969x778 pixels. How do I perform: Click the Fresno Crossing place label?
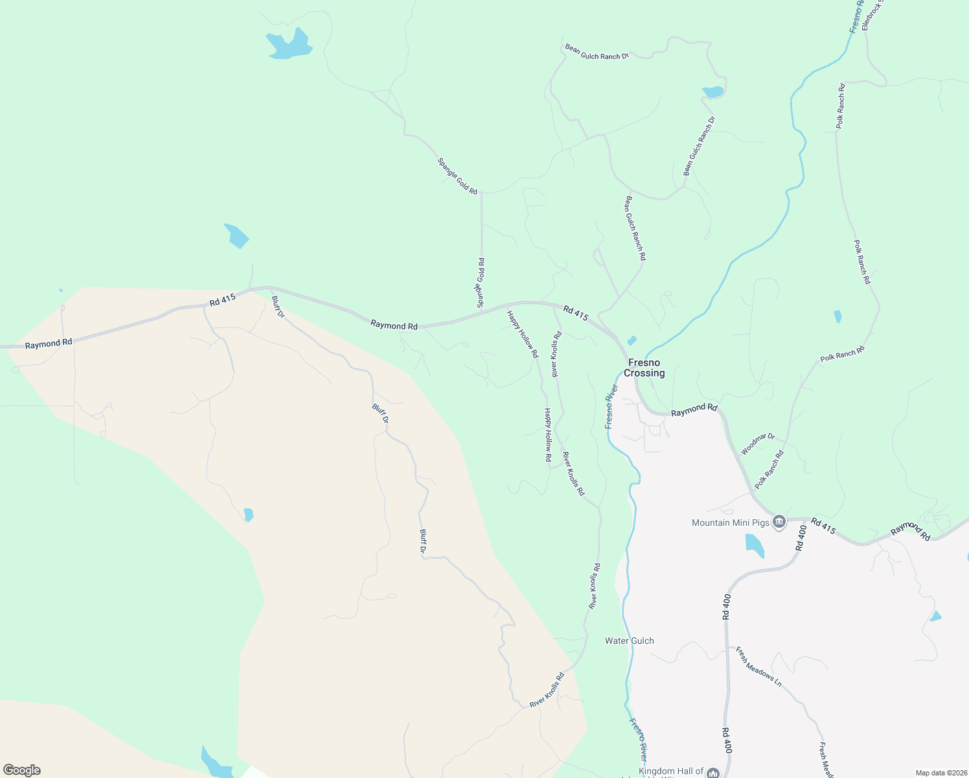pos(644,368)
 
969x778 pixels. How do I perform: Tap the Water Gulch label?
pos(629,641)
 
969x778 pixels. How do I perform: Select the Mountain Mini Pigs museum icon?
pos(779,522)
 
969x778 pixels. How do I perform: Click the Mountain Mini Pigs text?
pos(730,523)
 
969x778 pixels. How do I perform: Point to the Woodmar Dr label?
pos(757,444)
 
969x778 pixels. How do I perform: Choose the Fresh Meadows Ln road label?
pos(758,666)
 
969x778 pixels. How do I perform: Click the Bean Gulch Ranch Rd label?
pos(635,228)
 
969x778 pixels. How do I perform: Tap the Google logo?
pos(21,770)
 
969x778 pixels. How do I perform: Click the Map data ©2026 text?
pos(940,773)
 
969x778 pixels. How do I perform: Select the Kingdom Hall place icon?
pos(713,773)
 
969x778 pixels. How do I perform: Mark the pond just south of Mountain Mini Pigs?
pos(754,545)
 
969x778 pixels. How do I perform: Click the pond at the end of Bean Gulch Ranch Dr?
pos(713,91)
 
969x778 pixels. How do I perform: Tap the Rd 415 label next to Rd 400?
pos(823,525)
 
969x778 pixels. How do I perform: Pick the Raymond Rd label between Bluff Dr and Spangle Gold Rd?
pos(394,325)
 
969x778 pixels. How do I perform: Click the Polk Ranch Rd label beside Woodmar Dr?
pos(769,469)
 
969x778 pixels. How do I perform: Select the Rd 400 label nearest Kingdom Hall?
pos(727,740)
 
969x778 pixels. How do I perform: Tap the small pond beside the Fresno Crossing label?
pos(632,340)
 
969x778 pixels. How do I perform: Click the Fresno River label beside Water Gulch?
pos(639,739)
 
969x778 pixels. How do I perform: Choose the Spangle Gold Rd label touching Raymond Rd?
pos(481,283)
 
